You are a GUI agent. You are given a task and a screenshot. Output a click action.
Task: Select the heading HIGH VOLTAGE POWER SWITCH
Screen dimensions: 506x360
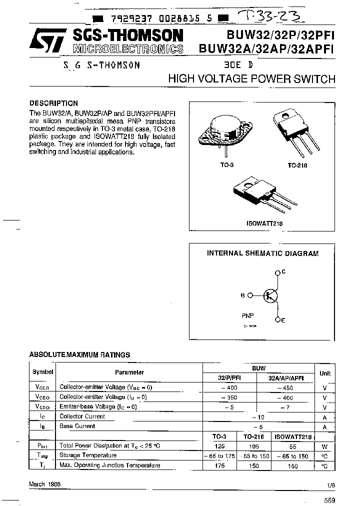click(x=251, y=79)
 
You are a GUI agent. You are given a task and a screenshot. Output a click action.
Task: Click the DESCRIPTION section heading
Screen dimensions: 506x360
click(x=53, y=103)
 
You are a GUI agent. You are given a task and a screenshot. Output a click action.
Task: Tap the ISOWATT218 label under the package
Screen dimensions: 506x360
click(x=264, y=224)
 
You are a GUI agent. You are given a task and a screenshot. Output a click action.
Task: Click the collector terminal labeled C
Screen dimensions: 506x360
click(x=278, y=272)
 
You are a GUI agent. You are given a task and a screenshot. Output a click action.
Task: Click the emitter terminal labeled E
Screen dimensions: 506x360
click(x=278, y=319)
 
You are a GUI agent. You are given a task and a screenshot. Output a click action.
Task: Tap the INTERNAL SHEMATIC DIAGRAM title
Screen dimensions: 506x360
click(x=262, y=253)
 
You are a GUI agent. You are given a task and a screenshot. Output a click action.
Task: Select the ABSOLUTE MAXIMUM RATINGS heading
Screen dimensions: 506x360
click(x=79, y=354)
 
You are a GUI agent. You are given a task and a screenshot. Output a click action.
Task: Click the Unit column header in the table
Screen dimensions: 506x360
click(x=325, y=373)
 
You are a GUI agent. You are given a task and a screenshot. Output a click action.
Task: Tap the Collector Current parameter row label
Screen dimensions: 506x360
click(x=82, y=416)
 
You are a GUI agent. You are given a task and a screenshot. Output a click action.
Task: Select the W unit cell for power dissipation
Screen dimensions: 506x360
click(x=325, y=446)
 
